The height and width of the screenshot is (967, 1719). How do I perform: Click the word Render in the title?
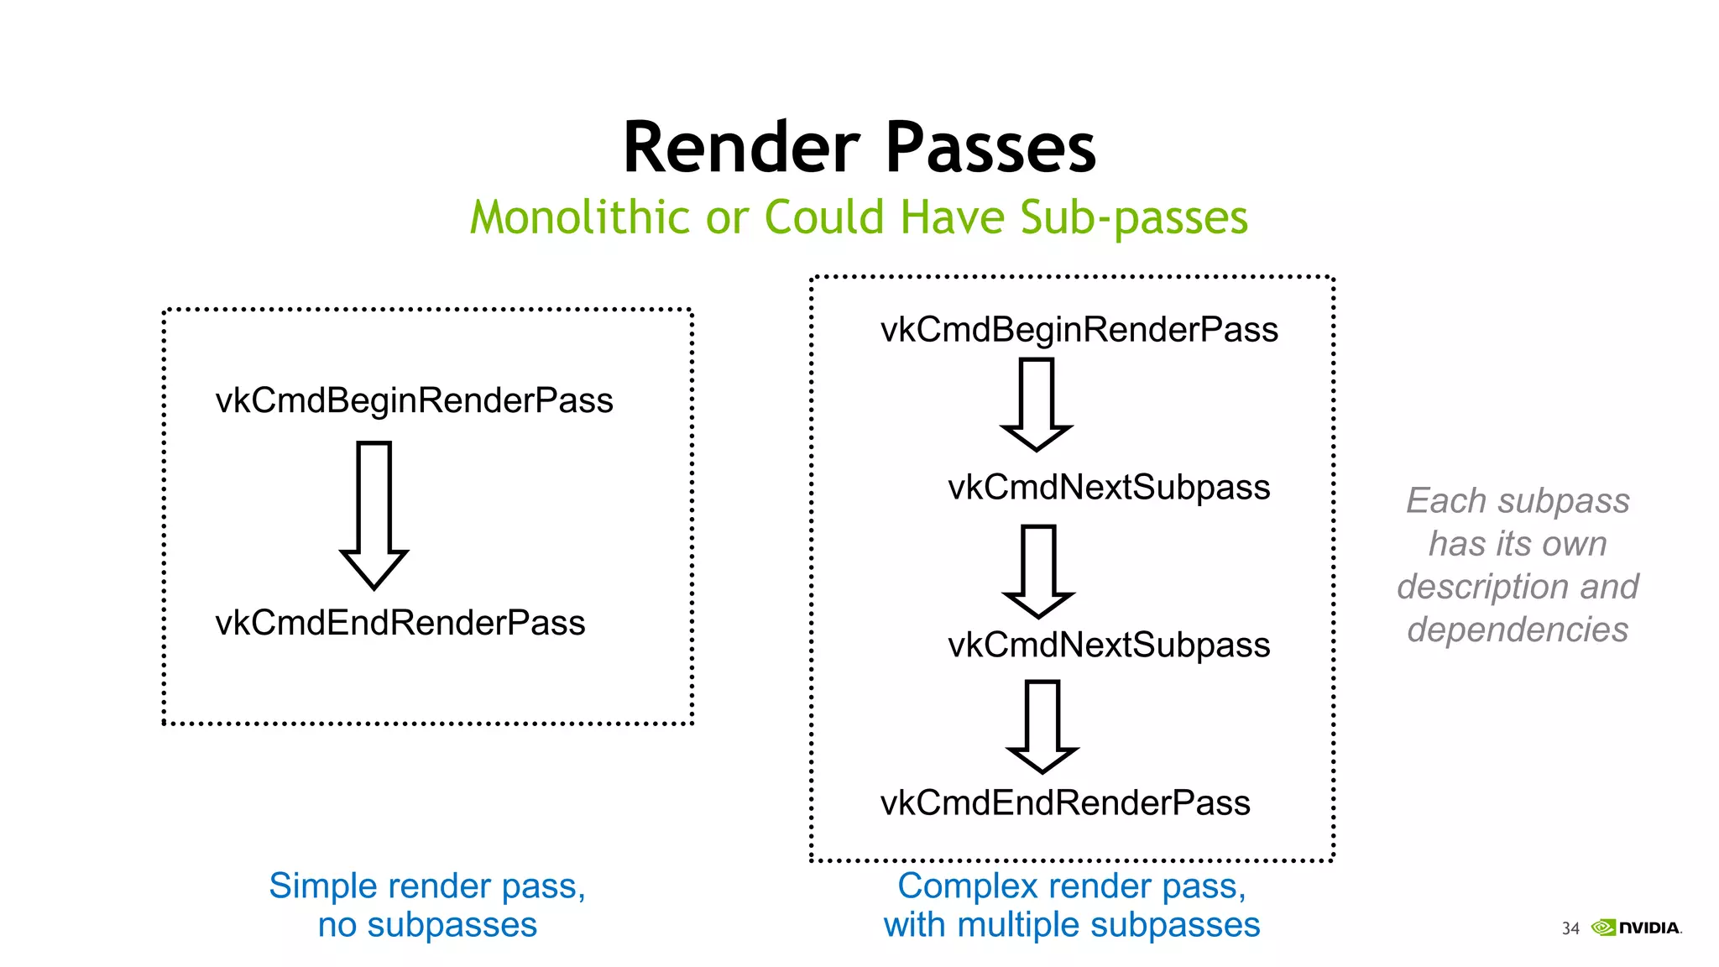click(x=742, y=148)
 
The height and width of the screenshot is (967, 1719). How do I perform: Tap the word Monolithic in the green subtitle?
click(x=580, y=217)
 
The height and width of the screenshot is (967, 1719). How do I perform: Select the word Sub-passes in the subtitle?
click(x=1134, y=217)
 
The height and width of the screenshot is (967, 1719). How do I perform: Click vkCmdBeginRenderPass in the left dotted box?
click(x=414, y=400)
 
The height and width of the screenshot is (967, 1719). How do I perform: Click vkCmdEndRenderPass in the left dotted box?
click(x=400, y=623)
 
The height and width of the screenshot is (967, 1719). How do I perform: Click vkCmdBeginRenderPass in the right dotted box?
click(x=1079, y=330)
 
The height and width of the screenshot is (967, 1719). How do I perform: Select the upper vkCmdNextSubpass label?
click(x=1108, y=488)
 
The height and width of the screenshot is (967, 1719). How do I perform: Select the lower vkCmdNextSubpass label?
click(x=1108, y=646)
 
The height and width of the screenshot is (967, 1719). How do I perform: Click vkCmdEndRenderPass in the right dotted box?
click(x=1064, y=803)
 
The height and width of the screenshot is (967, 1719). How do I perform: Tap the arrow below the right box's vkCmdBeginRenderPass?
click(x=1037, y=404)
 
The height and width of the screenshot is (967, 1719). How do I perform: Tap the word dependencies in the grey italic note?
click(x=1518, y=630)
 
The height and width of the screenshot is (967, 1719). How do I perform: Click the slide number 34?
click(x=1570, y=928)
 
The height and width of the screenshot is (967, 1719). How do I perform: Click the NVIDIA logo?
click(x=1637, y=928)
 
